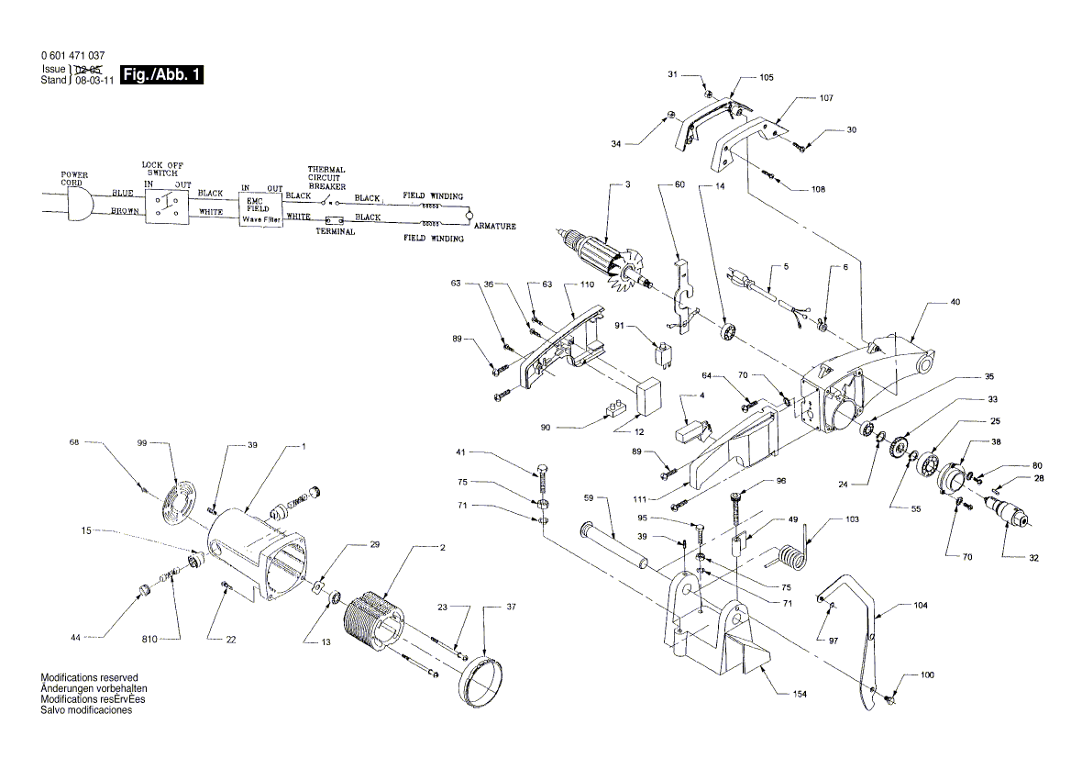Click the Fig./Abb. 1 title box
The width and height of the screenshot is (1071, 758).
[x=161, y=75]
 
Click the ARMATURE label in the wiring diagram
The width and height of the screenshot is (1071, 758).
[x=495, y=226]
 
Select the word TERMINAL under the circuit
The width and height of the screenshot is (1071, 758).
[x=336, y=233]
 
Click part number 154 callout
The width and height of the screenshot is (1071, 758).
[x=800, y=695]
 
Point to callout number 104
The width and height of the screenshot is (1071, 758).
[x=920, y=607]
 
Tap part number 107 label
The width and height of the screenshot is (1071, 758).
[x=826, y=97]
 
